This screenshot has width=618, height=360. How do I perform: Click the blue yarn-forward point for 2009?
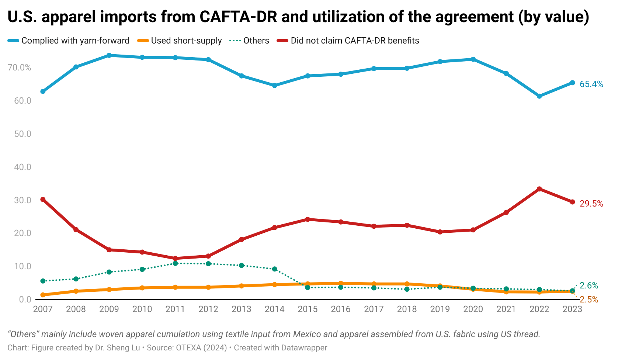pyautogui.click(x=109, y=55)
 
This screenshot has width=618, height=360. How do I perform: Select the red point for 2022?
pyautogui.click(x=539, y=189)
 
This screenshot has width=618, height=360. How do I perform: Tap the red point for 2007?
pyautogui.click(x=43, y=200)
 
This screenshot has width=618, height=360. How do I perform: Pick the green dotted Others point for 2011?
pyautogui.click(x=175, y=263)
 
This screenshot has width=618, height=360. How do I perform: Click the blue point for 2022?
pyautogui.click(x=539, y=96)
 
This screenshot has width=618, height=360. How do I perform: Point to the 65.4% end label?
pyautogui.click(x=591, y=84)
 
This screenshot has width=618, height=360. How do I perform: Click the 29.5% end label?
pyautogui.click(x=591, y=204)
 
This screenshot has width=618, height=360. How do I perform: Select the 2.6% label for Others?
pyautogui.click(x=589, y=285)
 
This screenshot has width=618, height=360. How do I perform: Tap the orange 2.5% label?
pyautogui.click(x=589, y=300)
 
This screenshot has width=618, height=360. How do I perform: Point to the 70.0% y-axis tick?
pyautogui.click(x=20, y=67)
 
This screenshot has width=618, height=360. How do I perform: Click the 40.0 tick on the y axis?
pyautogui.click(x=22, y=167)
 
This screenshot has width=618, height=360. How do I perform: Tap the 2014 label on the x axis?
pyautogui.click(x=274, y=309)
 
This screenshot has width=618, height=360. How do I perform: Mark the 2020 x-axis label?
pyautogui.click(x=473, y=309)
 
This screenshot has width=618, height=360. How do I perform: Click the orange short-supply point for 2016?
pyautogui.click(x=341, y=283)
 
